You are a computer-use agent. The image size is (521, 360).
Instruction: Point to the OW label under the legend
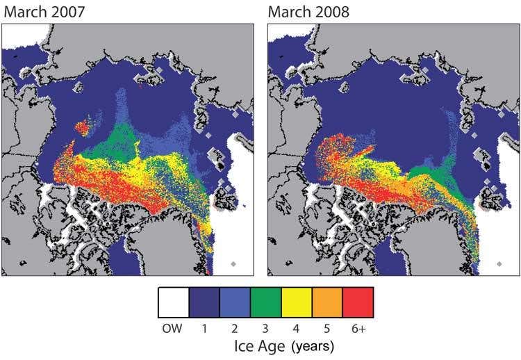173,328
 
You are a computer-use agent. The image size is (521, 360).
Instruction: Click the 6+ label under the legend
358,328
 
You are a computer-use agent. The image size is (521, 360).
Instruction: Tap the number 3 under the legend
265,328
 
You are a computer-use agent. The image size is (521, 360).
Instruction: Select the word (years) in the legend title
313,345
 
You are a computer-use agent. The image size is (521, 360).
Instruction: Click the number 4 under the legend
297,328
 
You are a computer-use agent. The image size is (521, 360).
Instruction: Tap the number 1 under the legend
204,328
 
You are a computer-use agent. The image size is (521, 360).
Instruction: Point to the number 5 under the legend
327,328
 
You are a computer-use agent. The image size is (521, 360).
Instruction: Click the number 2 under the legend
235,328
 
